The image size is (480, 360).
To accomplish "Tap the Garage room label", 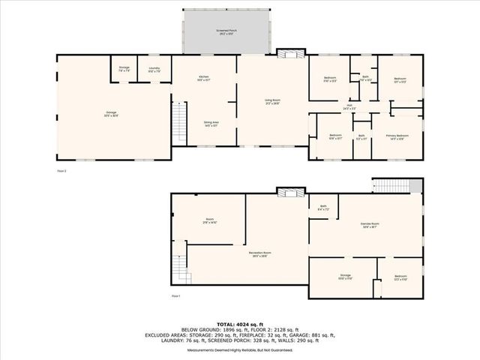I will click(x=111, y=114).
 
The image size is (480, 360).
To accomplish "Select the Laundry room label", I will click(x=154, y=69).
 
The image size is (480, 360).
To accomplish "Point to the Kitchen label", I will click(x=203, y=78).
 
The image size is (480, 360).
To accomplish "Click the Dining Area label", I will click(x=211, y=124).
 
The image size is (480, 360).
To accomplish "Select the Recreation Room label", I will click(x=260, y=254).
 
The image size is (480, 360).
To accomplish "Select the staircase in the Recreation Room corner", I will click(x=180, y=267).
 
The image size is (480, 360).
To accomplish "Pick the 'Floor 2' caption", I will click(x=61, y=171).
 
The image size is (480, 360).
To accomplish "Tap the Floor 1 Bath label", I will click(x=323, y=207).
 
